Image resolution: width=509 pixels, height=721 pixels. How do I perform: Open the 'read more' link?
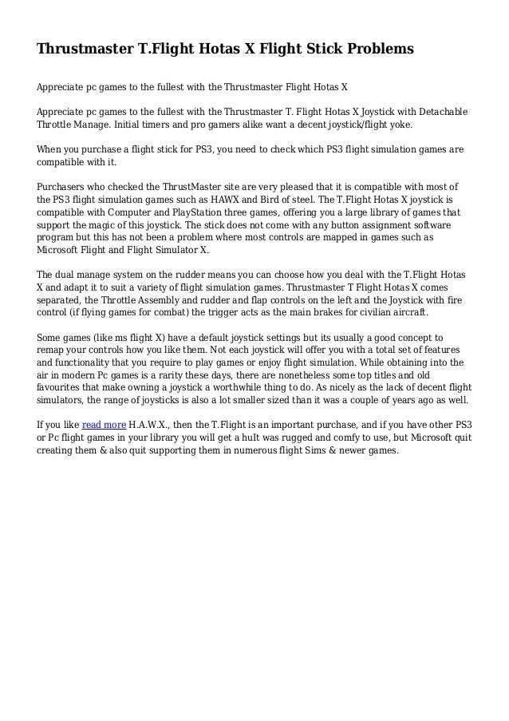pos(105,423)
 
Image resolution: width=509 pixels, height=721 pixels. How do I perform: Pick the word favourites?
pos(62,388)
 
